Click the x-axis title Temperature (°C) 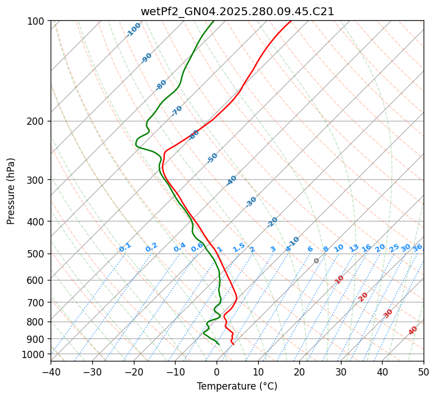tap(237, 386)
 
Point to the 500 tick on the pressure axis tap(37, 254)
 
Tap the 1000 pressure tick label tap(34, 355)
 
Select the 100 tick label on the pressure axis tap(37, 21)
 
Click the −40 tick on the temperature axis tap(51, 372)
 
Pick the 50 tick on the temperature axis tap(424, 372)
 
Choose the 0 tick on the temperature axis tap(217, 372)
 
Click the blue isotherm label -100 tap(133, 30)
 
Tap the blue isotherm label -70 tap(177, 111)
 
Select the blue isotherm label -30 tap(251, 202)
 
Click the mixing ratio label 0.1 tap(125, 247)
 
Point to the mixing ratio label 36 tap(417, 247)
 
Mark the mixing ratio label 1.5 tap(239, 247)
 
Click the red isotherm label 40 tap(413, 331)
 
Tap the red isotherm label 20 tap(363, 297)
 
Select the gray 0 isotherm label tap(317, 261)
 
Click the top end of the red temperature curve tap(291, 21)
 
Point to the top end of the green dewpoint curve tap(213, 21)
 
